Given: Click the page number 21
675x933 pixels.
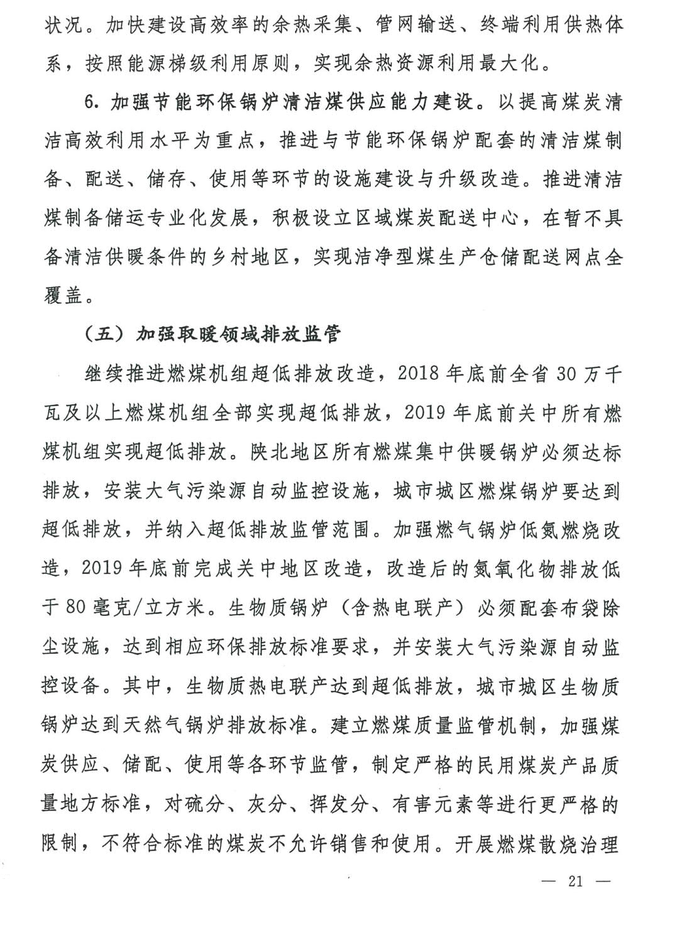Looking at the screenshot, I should [575, 880].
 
